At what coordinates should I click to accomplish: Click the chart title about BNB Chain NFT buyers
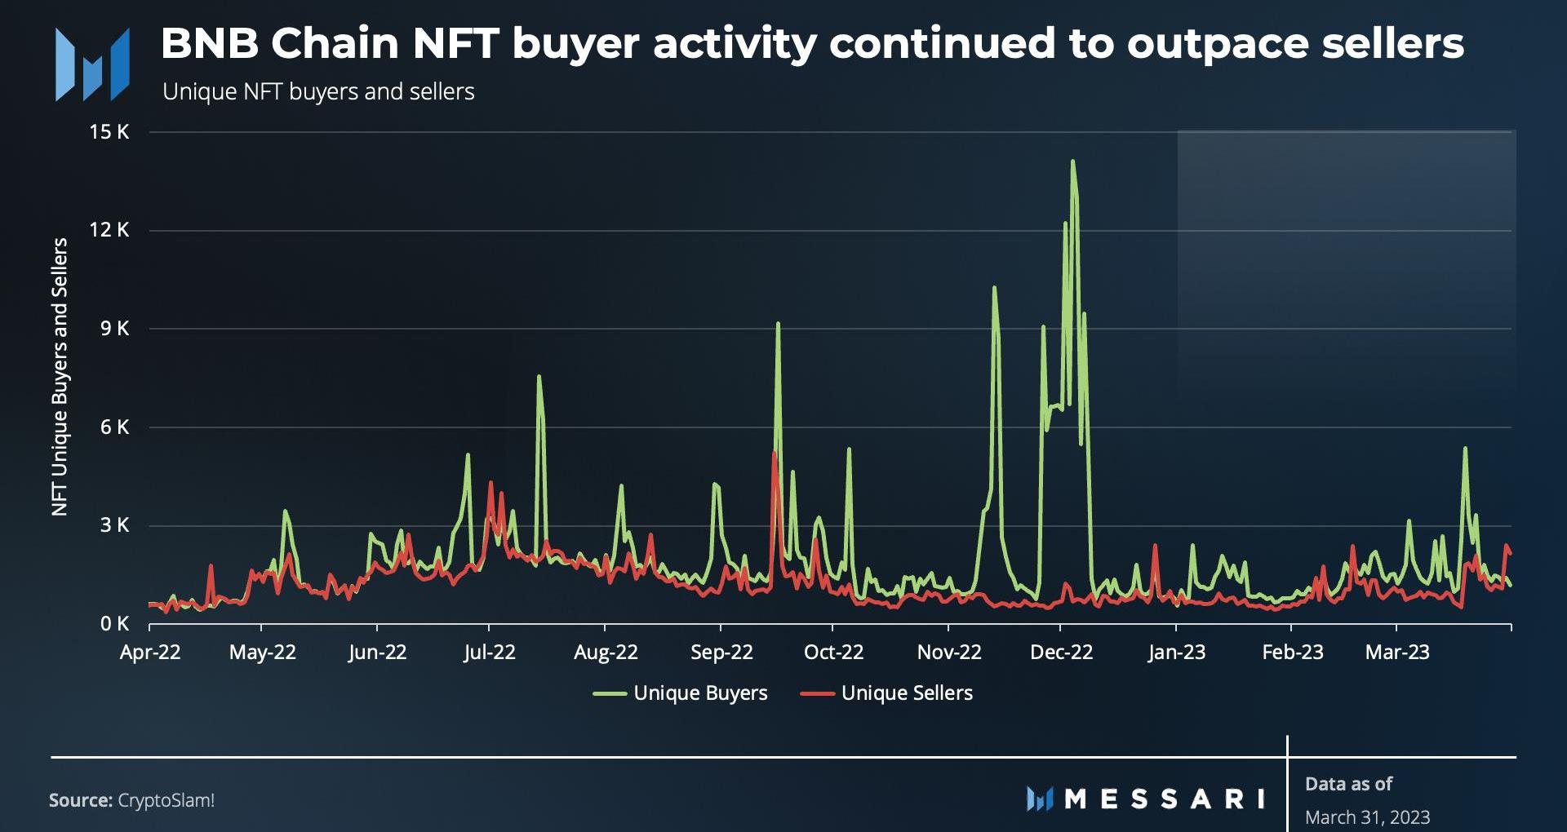pos(811,43)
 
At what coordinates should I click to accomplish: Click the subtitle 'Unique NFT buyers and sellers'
pos(318,91)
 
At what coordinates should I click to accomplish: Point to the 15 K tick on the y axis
pos(109,132)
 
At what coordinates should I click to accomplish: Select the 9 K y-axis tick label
pos(114,329)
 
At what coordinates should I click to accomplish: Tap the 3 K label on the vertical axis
pos(114,525)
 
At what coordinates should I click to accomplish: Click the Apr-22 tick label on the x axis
pos(150,653)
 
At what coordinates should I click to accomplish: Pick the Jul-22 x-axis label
pos(489,653)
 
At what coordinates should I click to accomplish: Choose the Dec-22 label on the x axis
pos(1061,653)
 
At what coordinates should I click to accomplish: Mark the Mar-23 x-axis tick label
pos(1397,653)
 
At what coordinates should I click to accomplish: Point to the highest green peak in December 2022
pos(1072,162)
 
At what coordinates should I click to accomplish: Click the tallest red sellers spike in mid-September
pos(774,454)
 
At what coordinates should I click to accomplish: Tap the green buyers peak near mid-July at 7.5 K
pos(539,377)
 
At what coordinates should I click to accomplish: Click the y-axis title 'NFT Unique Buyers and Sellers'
pos(60,377)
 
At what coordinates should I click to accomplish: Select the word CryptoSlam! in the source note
pos(166,800)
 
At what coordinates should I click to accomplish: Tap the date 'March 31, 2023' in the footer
pos(1367,817)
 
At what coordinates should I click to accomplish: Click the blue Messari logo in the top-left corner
pos(91,64)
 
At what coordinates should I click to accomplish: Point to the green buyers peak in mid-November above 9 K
pos(994,288)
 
